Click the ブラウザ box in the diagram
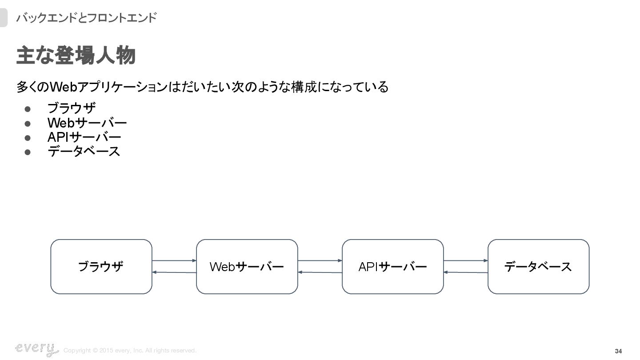pos(101,267)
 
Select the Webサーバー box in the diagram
pos(247,267)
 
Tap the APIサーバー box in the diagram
pos(392,267)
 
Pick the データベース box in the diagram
pos(538,267)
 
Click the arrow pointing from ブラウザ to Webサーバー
pos(174,260)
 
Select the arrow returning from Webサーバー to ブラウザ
pos(174,272)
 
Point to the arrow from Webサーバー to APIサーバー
pos(320,260)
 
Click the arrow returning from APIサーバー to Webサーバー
pos(320,272)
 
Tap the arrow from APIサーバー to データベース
pos(465,260)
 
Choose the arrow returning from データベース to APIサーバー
pos(465,272)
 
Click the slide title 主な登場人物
pos(76,56)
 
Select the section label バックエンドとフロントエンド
pos(86,18)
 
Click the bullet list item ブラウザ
pos(72,108)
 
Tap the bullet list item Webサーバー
pos(87,123)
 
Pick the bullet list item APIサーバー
pos(84,137)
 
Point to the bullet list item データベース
pos(84,152)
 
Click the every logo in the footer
pos(36,349)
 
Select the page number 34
pos(618,351)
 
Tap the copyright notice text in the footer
pos(130,351)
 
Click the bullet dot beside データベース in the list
pos(27,152)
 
